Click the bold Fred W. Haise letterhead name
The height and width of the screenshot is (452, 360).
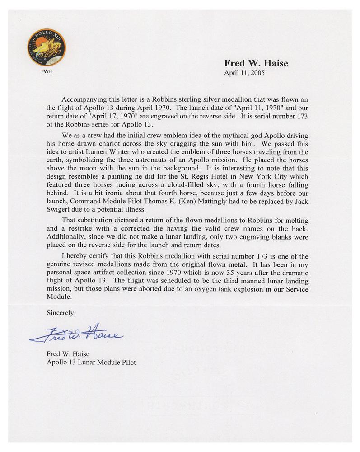click(x=256, y=64)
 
